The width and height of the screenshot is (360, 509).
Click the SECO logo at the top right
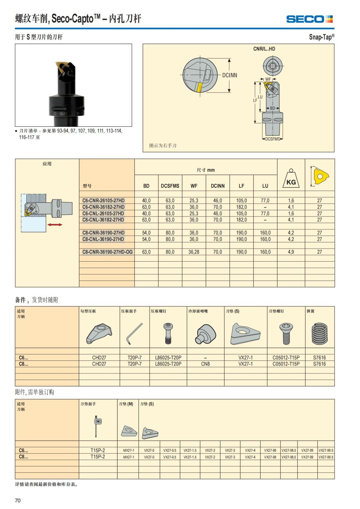tap(309, 19)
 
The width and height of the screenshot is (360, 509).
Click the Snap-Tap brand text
tap(321, 37)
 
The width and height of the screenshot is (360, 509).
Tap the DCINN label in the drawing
tap(229, 75)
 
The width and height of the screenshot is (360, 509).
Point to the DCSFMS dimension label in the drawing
tap(272, 139)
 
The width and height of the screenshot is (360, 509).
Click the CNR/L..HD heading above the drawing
tap(264, 49)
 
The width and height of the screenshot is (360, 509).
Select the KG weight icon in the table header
tap(291, 179)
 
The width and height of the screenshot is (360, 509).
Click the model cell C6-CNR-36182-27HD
tap(103, 207)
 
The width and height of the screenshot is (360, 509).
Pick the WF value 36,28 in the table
tap(194, 252)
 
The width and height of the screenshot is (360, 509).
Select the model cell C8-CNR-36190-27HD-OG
tap(107, 252)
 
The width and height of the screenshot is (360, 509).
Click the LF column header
tap(241, 186)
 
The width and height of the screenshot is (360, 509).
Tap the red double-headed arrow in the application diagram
tap(55, 225)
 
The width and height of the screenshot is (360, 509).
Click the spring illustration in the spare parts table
tap(319, 334)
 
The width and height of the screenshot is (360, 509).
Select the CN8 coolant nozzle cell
tap(205, 364)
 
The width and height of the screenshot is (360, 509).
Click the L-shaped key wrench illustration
tap(134, 334)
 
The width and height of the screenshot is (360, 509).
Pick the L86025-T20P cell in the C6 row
tap(168, 358)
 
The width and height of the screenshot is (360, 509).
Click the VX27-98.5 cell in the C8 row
tap(289, 457)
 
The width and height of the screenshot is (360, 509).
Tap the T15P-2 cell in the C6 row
tap(98, 450)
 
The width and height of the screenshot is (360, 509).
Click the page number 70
tap(18, 500)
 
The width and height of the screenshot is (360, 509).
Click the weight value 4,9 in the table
tap(291, 252)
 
